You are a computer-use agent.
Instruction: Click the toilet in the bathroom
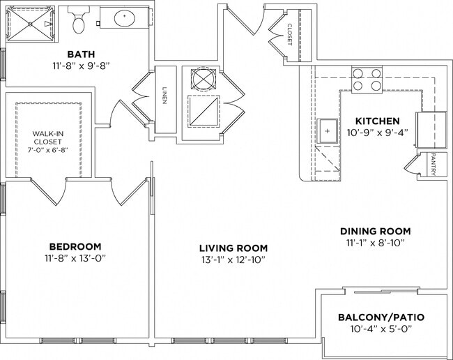(x=79, y=22)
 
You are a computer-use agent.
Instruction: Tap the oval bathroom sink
(x=125, y=18)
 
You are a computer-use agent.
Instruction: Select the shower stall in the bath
(x=31, y=24)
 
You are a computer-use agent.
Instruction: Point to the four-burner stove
(x=367, y=80)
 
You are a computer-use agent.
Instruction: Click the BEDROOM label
(x=75, y=246)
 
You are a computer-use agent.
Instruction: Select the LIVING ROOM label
(x=233, y=248)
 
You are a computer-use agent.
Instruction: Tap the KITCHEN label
(x=376, y=121)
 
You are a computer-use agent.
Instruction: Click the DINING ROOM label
(x=375, y=231)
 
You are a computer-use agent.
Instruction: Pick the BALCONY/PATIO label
(x=381, y=317)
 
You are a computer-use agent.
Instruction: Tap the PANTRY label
(x=433, y=165)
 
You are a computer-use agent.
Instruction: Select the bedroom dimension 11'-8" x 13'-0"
(x=75, y=260)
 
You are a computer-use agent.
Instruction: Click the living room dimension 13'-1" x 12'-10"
(x=233, y=260)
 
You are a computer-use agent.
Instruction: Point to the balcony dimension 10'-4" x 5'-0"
(x=381, y=329)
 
